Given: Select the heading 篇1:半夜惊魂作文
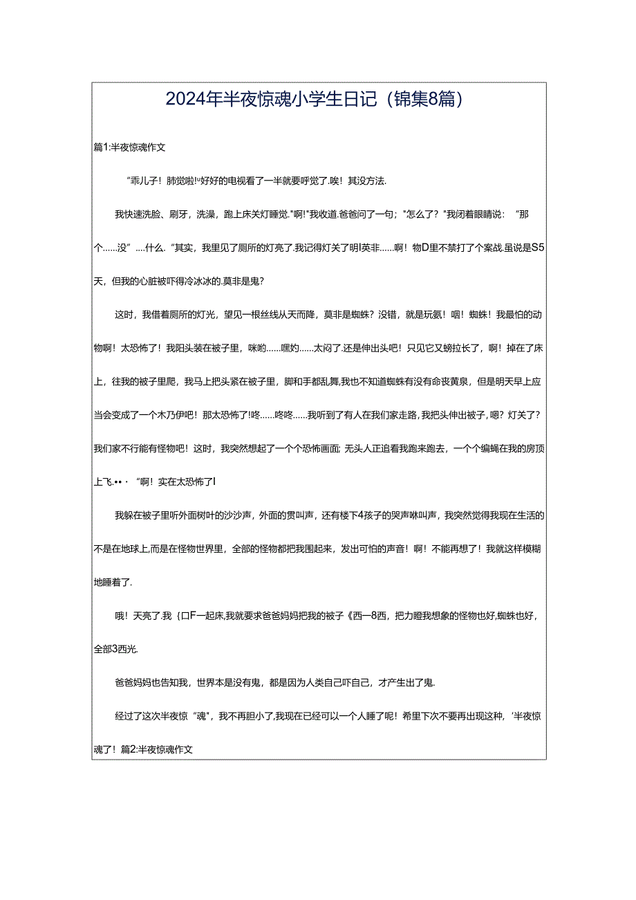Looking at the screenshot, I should (129, 147).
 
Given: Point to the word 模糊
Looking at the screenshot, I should (530, 549).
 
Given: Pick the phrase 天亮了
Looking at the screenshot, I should (141, 616).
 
